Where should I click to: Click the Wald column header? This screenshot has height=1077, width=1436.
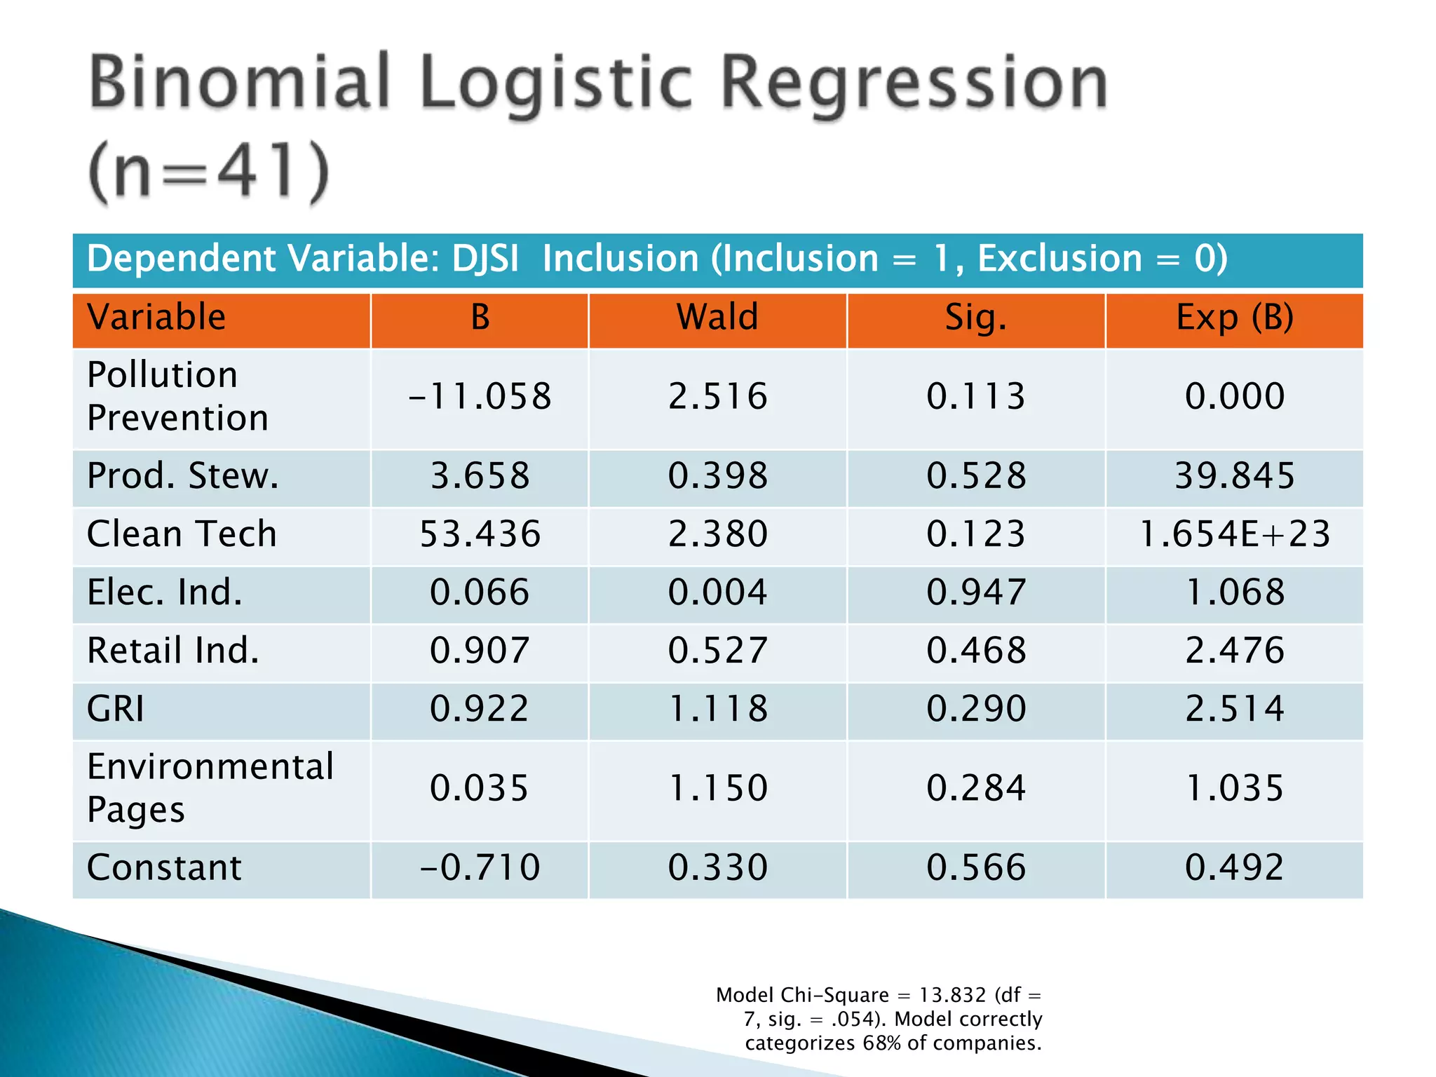717,317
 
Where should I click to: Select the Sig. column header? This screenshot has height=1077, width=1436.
975,318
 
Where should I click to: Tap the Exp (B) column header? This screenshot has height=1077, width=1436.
1234,318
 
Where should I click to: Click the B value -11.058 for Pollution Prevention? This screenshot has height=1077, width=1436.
480,396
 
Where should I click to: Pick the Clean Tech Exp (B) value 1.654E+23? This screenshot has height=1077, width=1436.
1234,534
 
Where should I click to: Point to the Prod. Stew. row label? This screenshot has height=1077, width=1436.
182,475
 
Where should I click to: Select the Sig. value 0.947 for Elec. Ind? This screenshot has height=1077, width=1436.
975,592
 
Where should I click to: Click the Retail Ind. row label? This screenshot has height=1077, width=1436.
172,650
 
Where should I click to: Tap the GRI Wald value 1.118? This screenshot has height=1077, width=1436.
717,708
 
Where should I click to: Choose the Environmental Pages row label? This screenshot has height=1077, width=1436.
210,787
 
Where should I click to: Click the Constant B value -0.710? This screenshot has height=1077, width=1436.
480,867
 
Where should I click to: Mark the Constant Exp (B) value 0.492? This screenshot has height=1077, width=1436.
1234,867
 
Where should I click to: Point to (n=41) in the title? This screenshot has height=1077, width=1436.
209,172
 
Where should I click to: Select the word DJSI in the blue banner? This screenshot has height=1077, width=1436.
485,258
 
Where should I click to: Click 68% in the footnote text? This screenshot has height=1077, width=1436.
881,1043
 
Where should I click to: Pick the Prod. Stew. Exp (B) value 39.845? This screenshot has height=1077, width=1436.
1234,475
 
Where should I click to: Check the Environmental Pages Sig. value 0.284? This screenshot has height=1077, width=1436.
975,787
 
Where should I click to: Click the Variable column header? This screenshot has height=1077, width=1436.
156,317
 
